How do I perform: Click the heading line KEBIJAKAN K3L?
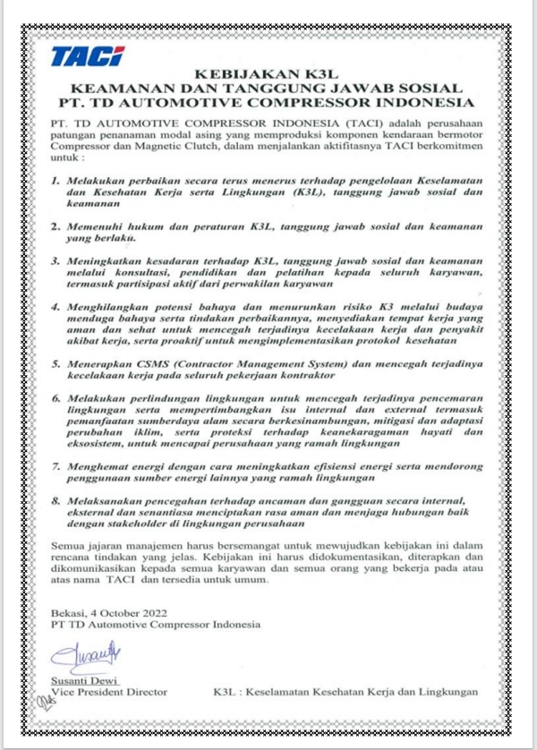click(268, 74)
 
